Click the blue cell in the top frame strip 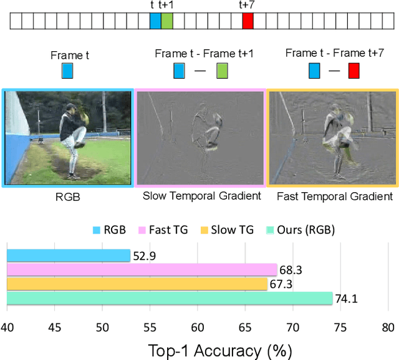coord(155,21)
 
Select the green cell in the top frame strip coord(167,21)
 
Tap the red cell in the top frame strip coord(248,21)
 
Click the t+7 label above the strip coord(247,5)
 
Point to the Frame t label coord(69,55)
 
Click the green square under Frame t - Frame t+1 coord(222,71)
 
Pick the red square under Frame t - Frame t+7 coord(353,71)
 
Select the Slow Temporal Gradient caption coord(201,196)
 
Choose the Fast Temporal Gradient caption coord(335,196)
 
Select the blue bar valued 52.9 coord(69,255)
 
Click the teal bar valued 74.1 coord(170,298)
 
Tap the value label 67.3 coord(280,285)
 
